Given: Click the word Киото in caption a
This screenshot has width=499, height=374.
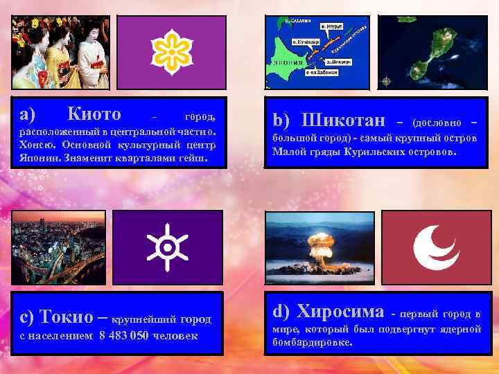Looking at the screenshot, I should coord(95,114).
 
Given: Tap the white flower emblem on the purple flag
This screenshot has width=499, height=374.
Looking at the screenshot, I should coord(168,50).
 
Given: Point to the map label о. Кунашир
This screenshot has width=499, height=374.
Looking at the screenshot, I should coord(304,42).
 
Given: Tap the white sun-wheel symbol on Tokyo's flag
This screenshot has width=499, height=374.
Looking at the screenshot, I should coord(168,247).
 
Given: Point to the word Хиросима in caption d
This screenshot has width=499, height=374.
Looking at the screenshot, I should coord(339,312).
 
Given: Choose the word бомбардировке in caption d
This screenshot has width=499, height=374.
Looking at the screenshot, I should coord(312,342).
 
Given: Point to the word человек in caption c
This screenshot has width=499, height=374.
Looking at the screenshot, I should coord(173,336).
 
